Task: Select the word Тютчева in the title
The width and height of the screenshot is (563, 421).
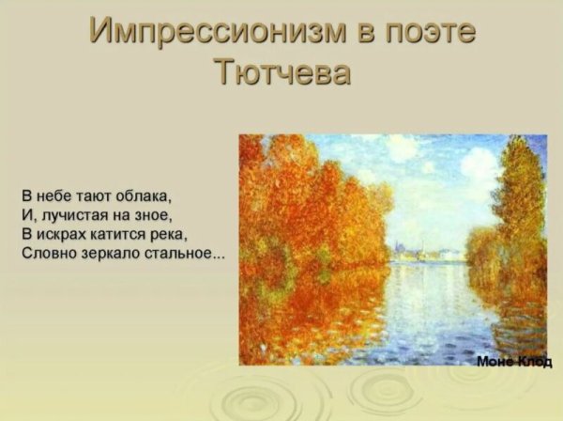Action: pyautogui.click(x=281, y=72)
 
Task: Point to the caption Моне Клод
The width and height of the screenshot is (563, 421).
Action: pyautogui.click(x=514, y=361)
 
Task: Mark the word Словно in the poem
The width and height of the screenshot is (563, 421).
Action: pyautogui.click(x=46, y=253)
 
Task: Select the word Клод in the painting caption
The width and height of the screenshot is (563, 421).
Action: pyautogui.click(x=534, y=361)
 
